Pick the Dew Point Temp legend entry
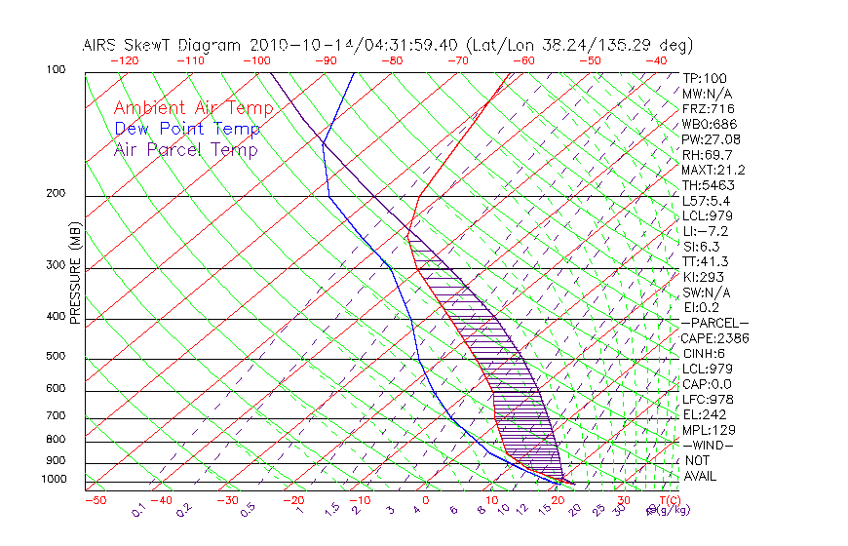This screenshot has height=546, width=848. pos(187,129)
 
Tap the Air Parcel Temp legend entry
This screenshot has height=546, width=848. pos(185,149)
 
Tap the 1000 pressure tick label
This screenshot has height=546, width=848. pos(55,480)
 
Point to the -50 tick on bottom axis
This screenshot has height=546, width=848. pos(95,501)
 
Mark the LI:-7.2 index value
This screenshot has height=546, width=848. pos(706,231)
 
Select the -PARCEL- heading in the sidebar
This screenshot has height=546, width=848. pos(715,323)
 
